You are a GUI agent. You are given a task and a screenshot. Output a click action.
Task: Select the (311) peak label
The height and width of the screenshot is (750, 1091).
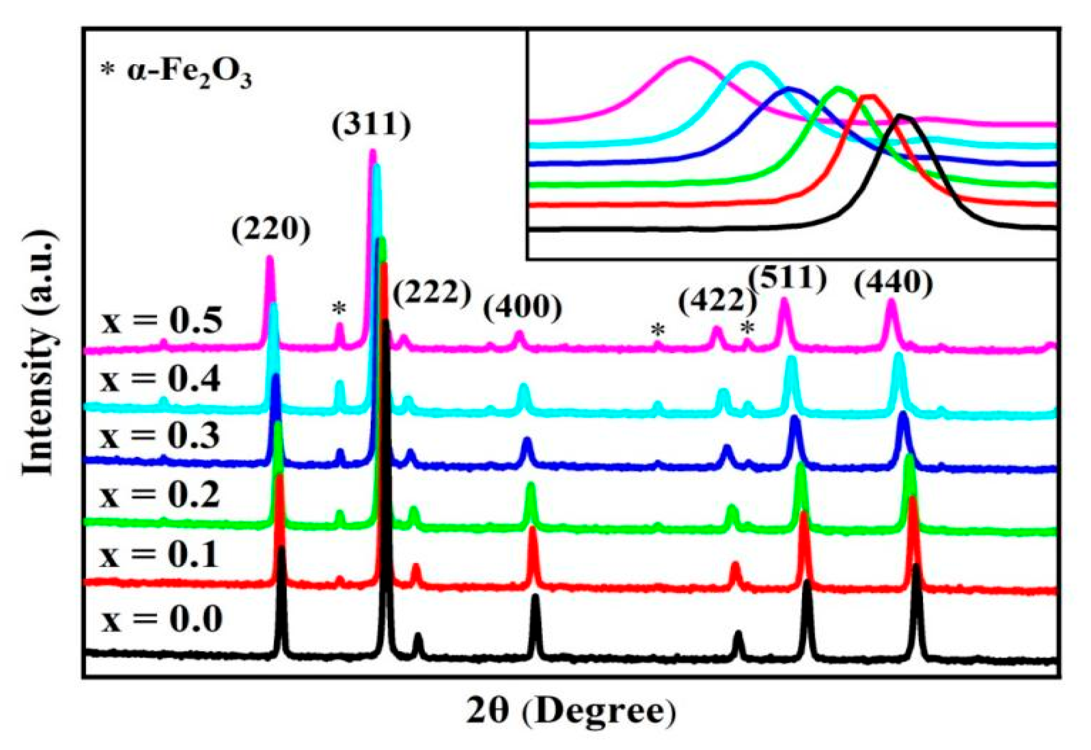click(x=372, y=125)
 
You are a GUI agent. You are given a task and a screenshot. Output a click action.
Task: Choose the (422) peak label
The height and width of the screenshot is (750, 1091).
click(x=717, y=301)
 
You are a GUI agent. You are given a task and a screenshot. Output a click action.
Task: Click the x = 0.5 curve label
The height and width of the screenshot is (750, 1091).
click(x=162, y=320)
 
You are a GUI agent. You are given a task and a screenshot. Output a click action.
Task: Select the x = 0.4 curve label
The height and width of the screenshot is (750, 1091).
click(x=161, y=379)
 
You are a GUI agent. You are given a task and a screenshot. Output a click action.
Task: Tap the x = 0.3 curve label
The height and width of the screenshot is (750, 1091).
click(x=160, y=436)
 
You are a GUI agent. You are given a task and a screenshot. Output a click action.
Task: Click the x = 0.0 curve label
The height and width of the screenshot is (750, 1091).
click(x=162, y=620)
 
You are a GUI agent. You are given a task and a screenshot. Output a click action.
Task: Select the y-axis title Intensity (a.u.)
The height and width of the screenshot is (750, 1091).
click(x=39, y=353)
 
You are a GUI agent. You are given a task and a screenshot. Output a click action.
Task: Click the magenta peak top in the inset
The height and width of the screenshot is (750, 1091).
click(x=689, y=58)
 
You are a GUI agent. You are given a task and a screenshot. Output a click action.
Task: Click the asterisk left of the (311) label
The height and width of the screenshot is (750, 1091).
click(x=339, y=308)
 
